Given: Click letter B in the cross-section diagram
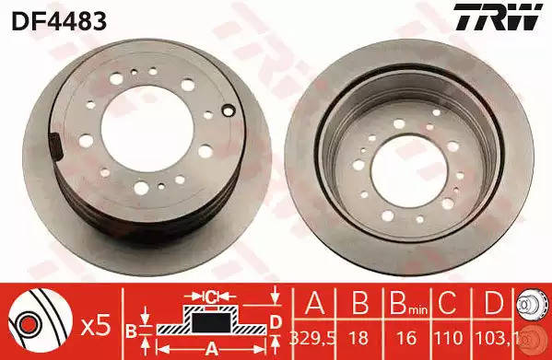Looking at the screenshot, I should pos(131,329).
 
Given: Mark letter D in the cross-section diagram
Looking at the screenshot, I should pos(276,321).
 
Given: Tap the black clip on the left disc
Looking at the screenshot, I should pos(54,145).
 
